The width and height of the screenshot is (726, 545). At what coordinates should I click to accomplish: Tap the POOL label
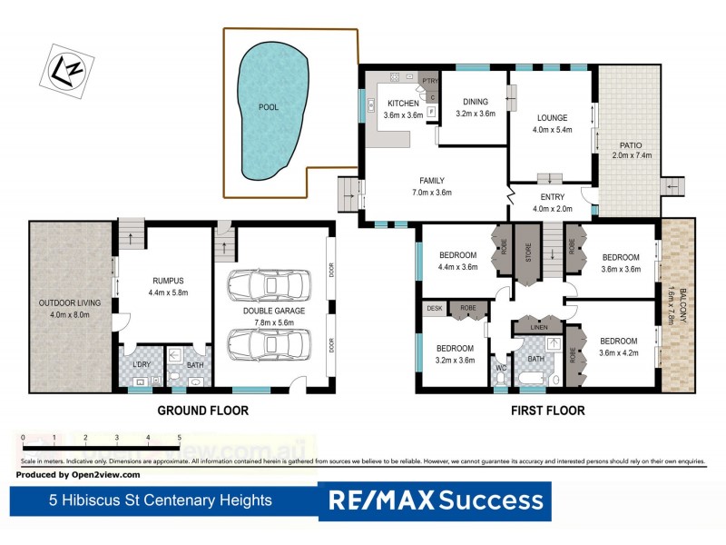point(269,107)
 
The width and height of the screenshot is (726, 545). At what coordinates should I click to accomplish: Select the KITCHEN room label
point(404,104)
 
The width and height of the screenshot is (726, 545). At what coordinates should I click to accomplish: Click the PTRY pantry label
point(429,82)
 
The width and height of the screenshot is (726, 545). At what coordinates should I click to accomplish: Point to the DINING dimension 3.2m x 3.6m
point(476,114)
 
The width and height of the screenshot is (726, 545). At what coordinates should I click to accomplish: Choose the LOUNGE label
point(552,118)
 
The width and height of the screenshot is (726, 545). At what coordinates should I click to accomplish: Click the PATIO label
point(631,145)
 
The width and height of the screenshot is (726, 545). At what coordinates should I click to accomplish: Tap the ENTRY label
point(552,197)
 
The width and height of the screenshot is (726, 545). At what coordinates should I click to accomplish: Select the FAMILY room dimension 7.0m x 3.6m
point(431,193)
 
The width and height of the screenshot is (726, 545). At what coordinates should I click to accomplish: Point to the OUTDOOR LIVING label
point(69,303)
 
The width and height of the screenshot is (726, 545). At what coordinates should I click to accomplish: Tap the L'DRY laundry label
point(140,365)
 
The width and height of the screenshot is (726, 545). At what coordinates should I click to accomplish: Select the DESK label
point(434,309)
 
